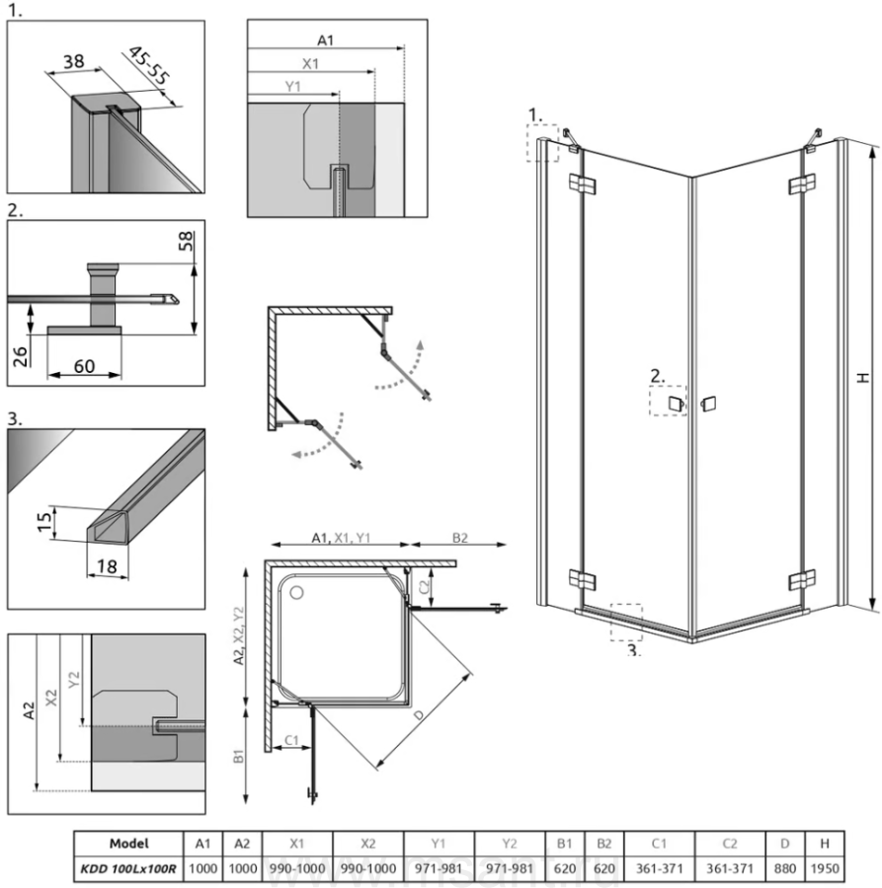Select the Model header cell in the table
(x=128, y=845)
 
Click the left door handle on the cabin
(x=676, y=404)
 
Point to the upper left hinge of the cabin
(x=579, y=184)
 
